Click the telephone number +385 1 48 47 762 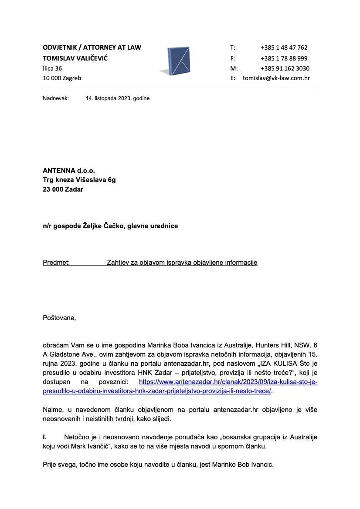pos(284,47)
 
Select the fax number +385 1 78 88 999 pos(284,58)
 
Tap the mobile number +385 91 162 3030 pos(285,68)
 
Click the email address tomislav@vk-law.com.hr pos(276,78)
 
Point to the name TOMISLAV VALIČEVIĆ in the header pos(75,58)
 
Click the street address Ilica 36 pos(52,68)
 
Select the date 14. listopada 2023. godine pos(118,98)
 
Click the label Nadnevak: pos(56,98)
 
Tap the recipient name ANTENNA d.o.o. pos(68,170)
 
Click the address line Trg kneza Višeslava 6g pos(79,180)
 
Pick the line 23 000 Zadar pos(63,189)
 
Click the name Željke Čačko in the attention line pos(104,226)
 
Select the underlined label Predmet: pos(56,263)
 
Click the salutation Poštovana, pos(59,317)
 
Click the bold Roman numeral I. pos(44,437)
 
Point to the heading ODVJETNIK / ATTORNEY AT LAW pos(92,47)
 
